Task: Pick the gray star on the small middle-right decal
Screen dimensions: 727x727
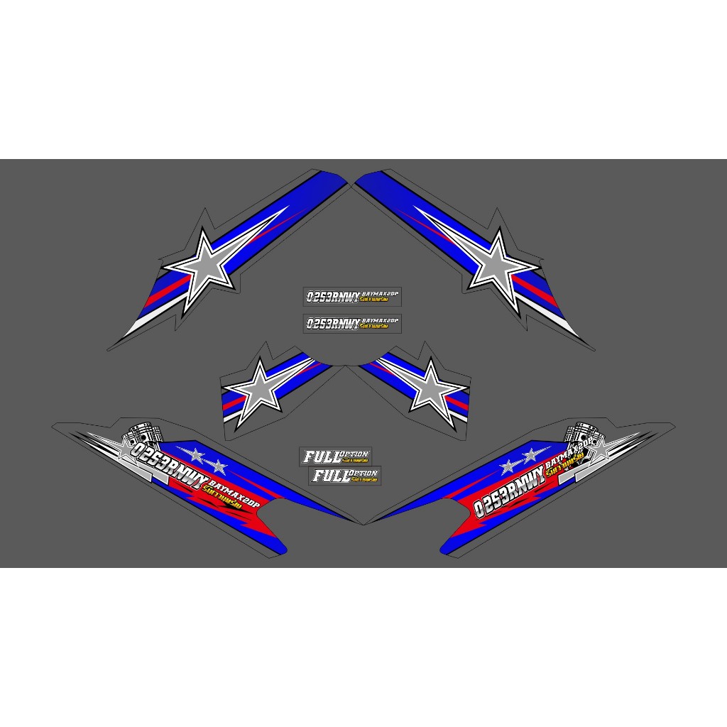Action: click(x=431, y=386)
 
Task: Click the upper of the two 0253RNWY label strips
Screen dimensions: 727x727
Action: click(x=351, y=296)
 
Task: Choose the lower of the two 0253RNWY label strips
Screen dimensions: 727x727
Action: click(x=351, y=322)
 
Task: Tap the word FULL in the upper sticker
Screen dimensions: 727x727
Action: click(x=320, y=457)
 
